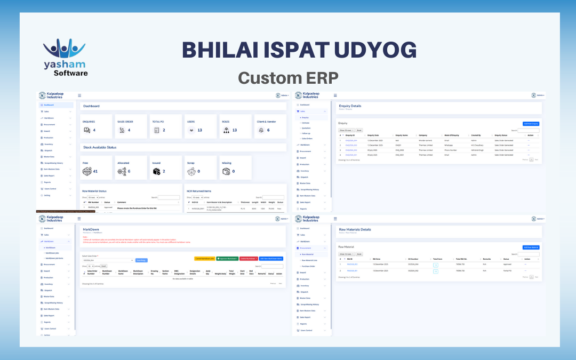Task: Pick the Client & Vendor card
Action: tap(270, 126)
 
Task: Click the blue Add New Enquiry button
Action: tap(531, 123)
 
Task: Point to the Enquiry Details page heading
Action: tap(350, 106)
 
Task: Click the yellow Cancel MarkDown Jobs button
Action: tap(204, 258)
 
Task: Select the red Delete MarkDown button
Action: tap(249, 258)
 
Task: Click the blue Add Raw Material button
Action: tap(531, 247)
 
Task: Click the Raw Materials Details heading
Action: tap(355, 229)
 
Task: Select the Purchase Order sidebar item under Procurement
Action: tap(309, 266)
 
